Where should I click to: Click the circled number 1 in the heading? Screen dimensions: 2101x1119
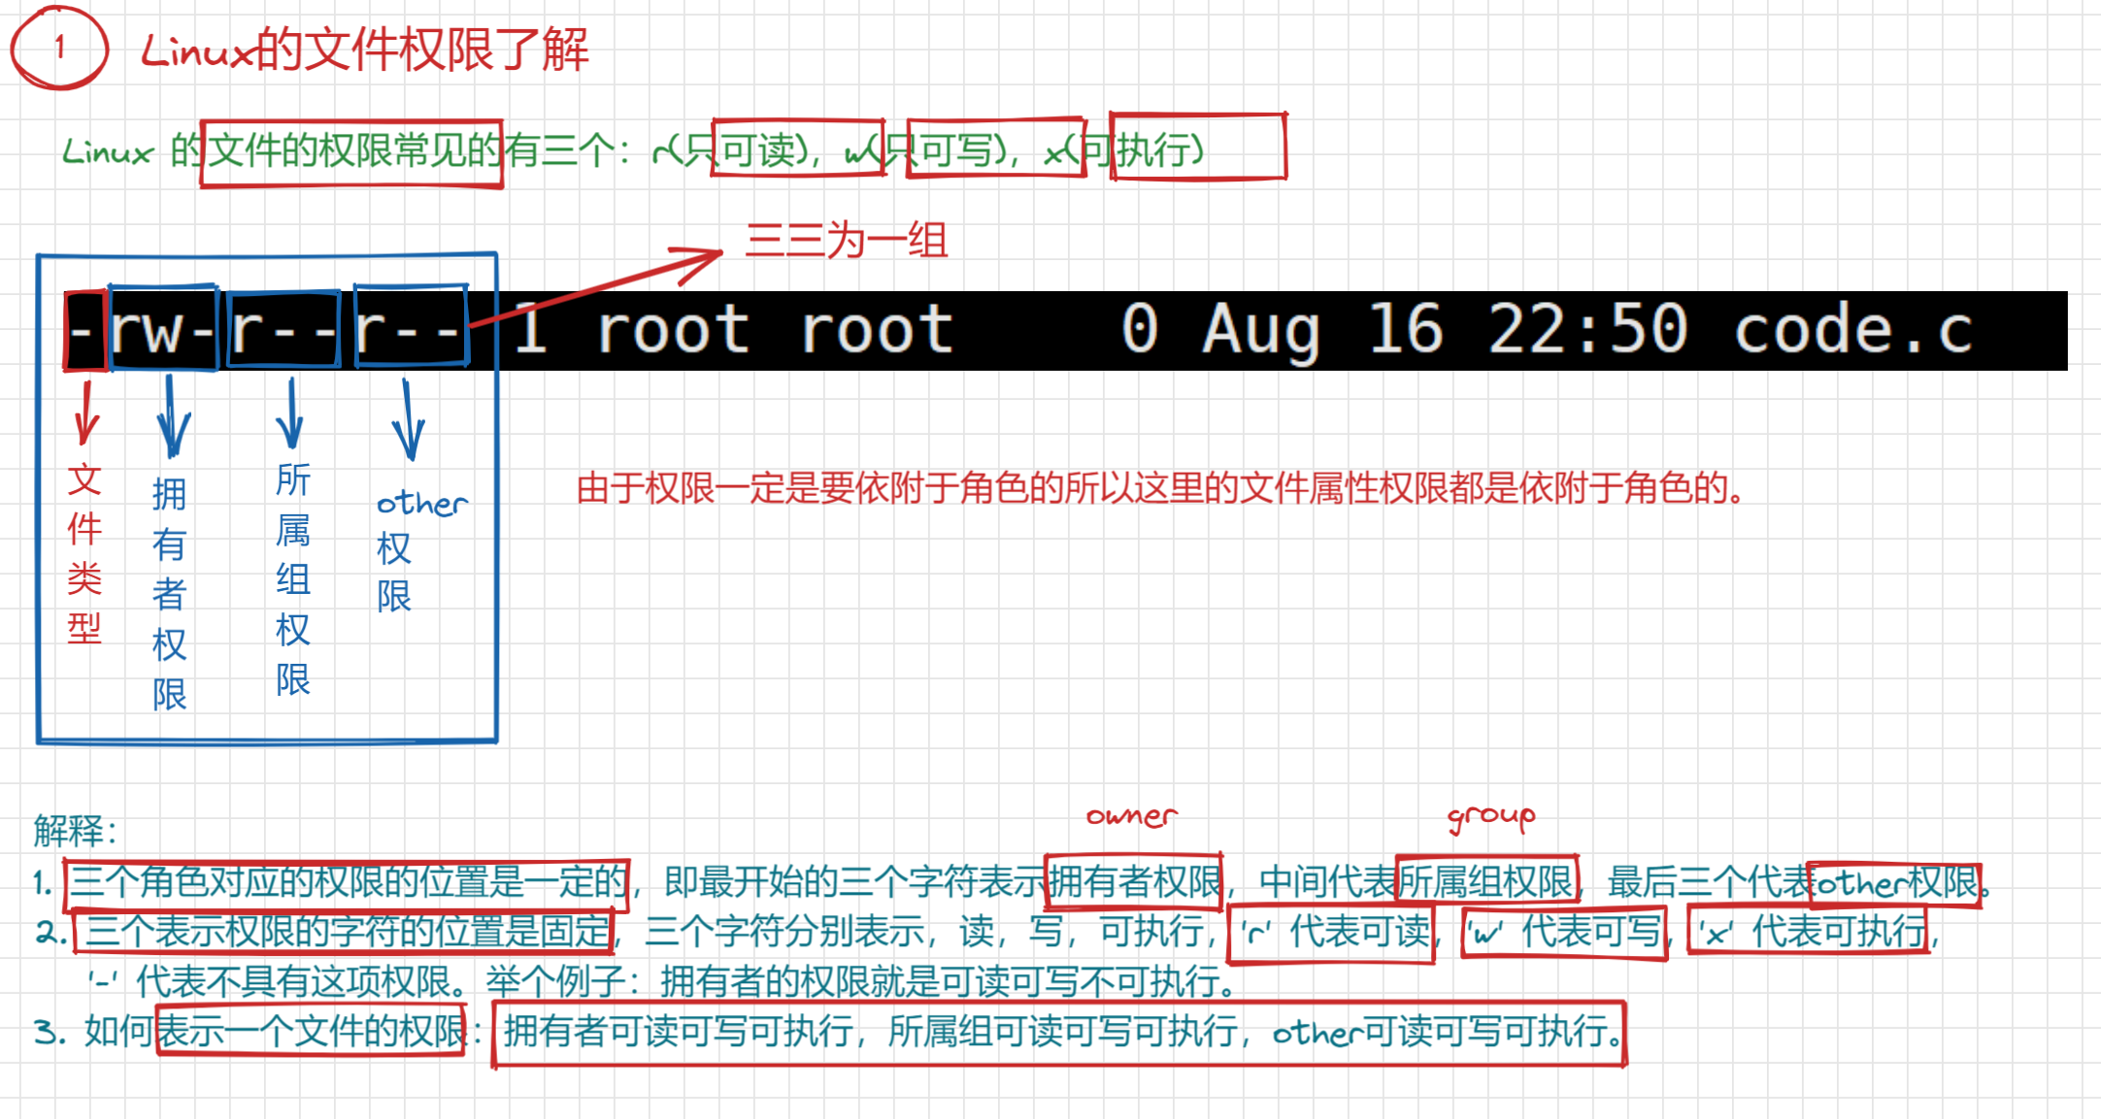click(59, 47)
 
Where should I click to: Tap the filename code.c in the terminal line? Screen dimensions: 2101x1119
click(1852, 330)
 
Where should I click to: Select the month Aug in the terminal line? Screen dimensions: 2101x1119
click(1260, 330)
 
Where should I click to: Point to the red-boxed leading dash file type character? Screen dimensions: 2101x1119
click(83, 331)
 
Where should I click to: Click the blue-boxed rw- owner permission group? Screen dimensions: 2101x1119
click(163, 329)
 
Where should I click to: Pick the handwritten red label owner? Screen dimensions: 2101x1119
click(1131, 816)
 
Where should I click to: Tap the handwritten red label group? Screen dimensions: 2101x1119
click(1491, 817)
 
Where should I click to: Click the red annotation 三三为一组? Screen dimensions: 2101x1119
click(846, 240)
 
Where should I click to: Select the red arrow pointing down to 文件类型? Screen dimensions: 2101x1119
click(85, 412)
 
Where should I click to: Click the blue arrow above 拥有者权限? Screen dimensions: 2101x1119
click(173, 417)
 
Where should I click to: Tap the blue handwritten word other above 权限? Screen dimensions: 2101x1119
click(421, 503)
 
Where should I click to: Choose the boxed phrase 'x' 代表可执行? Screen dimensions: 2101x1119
click(1808, 933)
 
